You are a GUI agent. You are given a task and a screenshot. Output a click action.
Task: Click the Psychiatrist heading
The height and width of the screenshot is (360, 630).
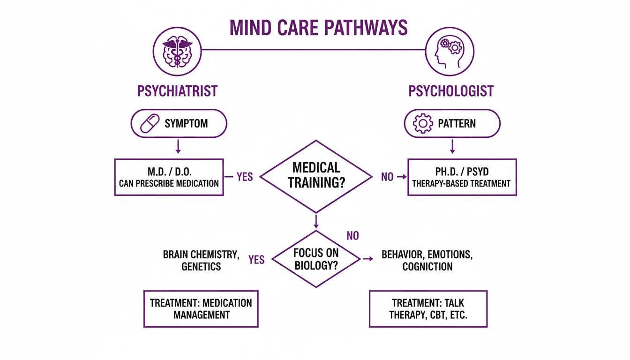tap(177, 90)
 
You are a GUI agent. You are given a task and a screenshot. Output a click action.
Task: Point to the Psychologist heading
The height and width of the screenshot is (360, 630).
tap(451, 90)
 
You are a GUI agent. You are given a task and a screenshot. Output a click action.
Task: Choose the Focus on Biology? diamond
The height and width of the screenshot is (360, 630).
tap(315, 259)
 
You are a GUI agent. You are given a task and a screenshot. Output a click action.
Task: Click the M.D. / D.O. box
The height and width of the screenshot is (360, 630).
tap(169, 177)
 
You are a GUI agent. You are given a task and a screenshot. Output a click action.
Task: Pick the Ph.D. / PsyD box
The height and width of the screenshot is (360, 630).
tap(462, 177)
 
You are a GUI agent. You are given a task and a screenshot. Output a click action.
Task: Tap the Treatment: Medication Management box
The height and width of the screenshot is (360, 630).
tap(201, 308)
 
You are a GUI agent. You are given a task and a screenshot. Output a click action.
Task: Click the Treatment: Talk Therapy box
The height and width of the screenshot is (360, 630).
tap(428, 308)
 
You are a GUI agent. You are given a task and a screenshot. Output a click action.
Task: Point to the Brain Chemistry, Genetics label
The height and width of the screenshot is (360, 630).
tap(201, 260)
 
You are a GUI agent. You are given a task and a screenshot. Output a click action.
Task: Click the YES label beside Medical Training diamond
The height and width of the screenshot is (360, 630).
tap(244, 177)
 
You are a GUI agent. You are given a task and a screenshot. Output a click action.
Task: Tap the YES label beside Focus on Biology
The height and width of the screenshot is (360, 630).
tap(256, 260)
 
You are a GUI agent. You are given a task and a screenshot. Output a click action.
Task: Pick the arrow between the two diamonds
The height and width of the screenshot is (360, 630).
tap(316, 221)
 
